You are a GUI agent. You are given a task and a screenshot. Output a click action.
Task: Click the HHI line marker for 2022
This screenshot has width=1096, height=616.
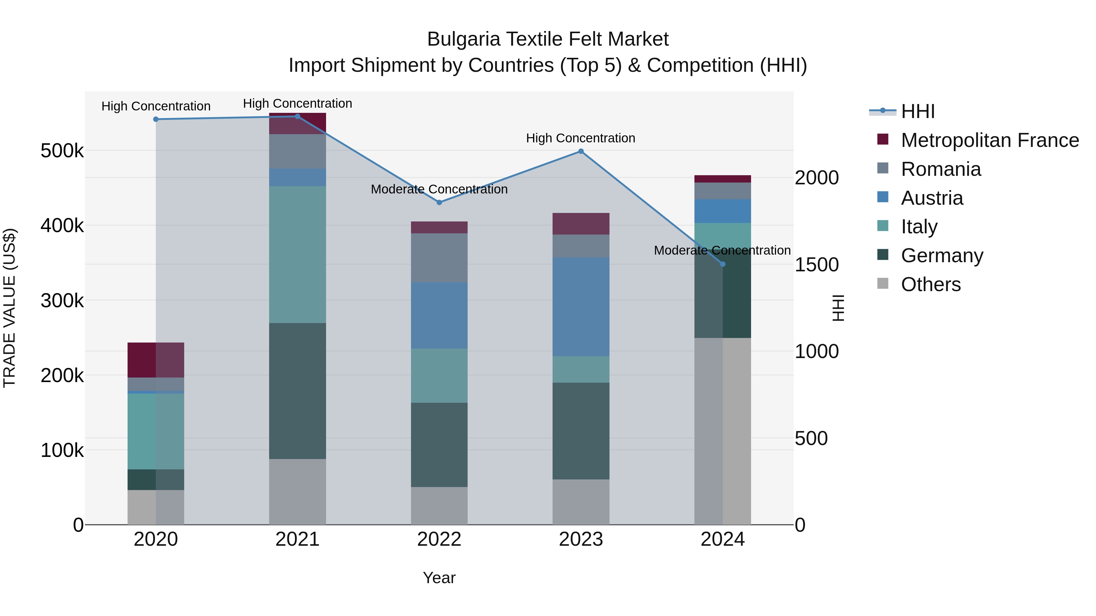tap(439, 202)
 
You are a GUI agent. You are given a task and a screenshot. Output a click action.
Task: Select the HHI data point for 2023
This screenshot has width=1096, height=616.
tap(581, 151)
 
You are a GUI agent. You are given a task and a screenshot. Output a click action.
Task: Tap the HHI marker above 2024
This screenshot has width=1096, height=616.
tap(722, 264)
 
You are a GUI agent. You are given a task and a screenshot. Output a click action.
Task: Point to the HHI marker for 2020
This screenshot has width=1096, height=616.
tap(156, 120)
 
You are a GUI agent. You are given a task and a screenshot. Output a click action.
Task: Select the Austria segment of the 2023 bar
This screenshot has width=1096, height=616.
tap(581, 307)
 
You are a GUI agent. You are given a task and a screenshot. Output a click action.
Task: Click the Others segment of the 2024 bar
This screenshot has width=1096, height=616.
tap(722, 431)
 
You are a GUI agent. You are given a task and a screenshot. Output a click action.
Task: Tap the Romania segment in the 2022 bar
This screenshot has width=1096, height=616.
tap(439, 258)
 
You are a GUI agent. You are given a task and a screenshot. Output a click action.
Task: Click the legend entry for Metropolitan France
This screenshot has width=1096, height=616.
tap(989, 140)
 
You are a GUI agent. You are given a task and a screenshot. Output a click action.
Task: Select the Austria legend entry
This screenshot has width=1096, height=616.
tap(932, 198)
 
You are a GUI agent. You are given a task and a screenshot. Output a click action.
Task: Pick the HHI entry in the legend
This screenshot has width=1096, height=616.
tap(918, 111)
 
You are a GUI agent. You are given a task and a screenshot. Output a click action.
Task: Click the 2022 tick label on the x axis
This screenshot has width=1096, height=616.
tap(439, 539)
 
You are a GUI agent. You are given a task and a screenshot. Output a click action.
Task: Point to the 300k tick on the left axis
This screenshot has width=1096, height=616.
tap(62, 301)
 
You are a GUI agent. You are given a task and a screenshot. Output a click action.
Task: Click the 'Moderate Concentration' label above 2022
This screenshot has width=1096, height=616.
tap(439, 189)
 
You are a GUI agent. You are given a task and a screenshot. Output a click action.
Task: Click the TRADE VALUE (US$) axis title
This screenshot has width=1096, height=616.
tap(9, 308)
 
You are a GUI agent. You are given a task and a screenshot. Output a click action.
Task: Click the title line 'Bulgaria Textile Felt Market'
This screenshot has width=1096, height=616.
tap(548, 39)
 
